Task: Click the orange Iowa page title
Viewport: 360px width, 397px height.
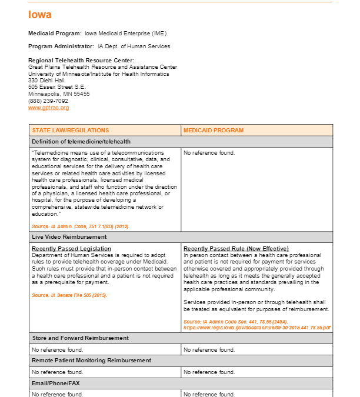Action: [40, 15]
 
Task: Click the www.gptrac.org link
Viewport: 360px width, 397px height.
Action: [49, 108]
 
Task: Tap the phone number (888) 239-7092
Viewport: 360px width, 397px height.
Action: [48, 101]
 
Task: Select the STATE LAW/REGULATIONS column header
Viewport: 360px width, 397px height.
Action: [71, 131]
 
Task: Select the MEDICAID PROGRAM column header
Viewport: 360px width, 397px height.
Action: [214, 131]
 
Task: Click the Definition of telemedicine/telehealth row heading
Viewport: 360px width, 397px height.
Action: [81, 142]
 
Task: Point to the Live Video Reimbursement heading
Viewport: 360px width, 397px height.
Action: [69, 236]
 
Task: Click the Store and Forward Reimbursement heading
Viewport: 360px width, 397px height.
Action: [80, 338]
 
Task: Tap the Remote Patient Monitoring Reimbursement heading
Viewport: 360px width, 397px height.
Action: [91, 360]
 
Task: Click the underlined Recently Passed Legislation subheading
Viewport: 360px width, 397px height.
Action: [71, 249]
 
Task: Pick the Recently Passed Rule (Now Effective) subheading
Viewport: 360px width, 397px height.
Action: [236, 249]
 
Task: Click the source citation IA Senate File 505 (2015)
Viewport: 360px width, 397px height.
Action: [69, 295]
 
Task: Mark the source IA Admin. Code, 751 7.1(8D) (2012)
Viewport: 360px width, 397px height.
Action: [81, 226]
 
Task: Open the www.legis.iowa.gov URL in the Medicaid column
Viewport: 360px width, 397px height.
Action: [257, 327]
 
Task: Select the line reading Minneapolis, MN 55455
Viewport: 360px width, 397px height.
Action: [59, 94]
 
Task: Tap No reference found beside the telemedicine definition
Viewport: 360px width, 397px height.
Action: [209, 153]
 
